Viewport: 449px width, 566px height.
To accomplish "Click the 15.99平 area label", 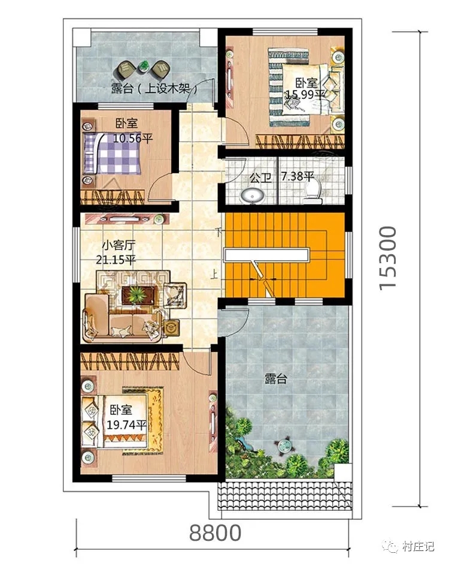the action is (x=305, y=95).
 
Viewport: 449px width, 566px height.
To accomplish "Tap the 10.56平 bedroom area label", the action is (x=133, y=139).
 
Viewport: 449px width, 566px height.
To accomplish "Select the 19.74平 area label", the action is (x=126, y=425).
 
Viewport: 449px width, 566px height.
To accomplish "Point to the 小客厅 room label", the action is (x=119, y=245).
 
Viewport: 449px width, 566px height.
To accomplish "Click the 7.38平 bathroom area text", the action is (x=298, y=176).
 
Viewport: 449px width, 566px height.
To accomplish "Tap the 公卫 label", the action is (x=260, y=177).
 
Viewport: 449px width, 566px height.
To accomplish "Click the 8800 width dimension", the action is (x=215, y=533).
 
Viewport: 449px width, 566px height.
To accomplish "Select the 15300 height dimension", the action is (x=388, y=258).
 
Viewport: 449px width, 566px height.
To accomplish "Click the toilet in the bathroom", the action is (x=312, y=192).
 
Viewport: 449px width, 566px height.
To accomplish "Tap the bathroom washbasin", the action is (x=253, y=195).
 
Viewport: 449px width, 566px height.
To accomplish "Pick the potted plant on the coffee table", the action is (x=136, y=294).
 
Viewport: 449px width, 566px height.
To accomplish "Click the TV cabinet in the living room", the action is (x=127, y=219).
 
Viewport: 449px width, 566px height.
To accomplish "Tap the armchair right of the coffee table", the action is (x=175, y=295).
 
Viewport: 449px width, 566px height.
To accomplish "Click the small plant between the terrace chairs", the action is (x=144, y=66).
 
